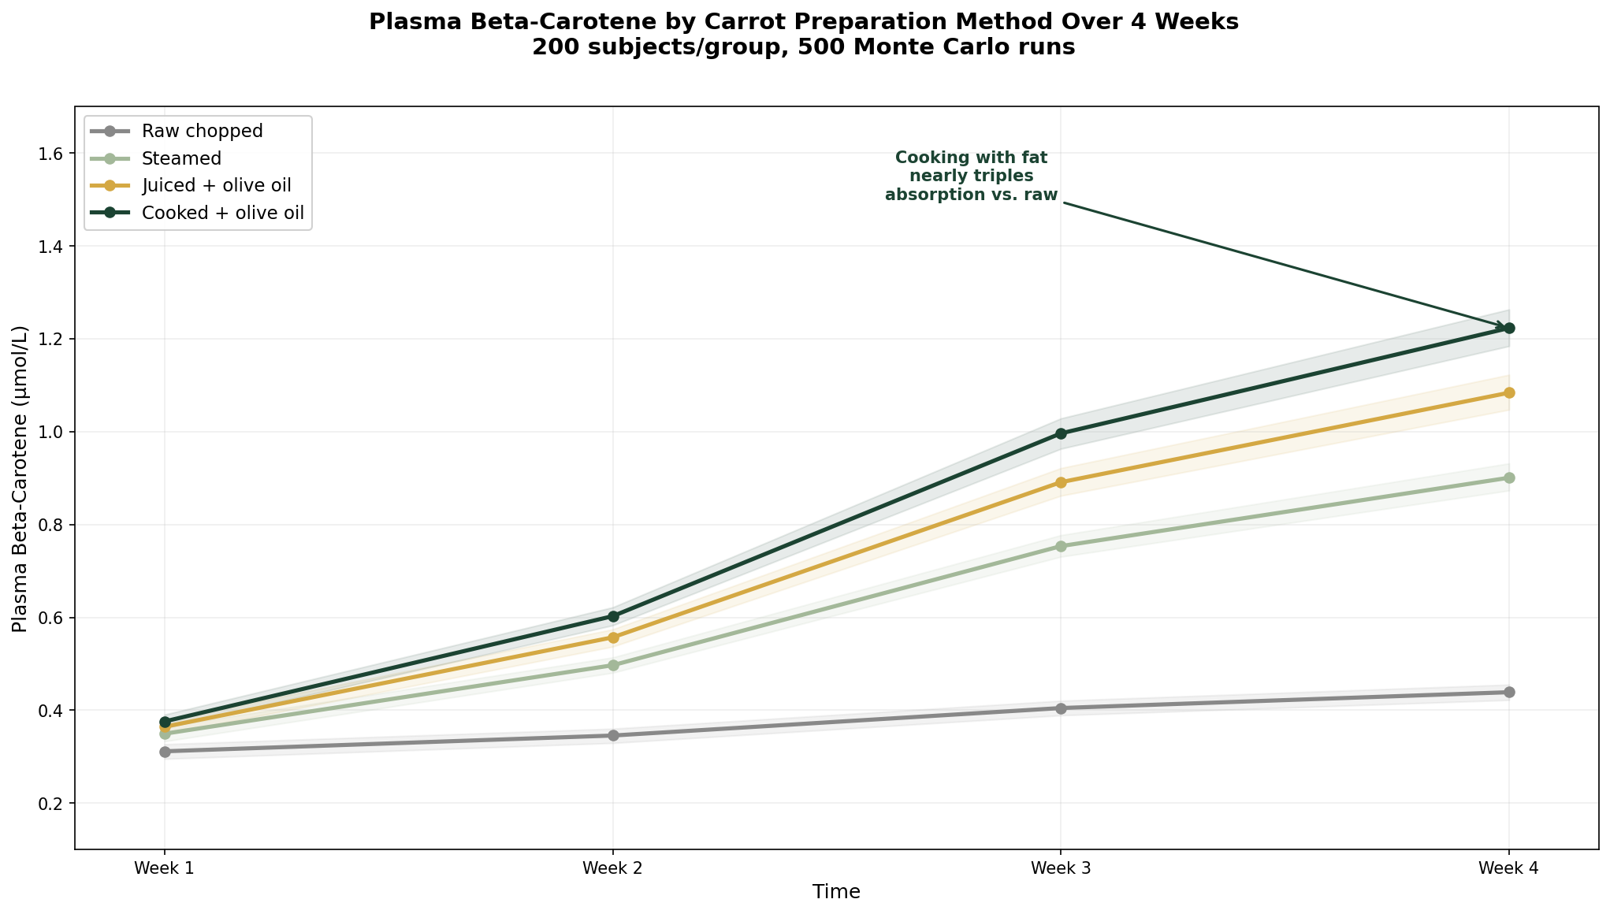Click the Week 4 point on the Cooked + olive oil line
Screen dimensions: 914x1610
[x=1508, y=328]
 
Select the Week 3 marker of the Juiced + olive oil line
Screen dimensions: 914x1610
[x=1061, y=482]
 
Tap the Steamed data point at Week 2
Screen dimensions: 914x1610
[x=613, y=665]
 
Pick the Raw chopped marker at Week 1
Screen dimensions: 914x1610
[x=165, y=752]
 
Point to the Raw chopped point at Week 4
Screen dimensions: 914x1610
[x=1508, y=692]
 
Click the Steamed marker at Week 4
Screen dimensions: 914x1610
[x=1508, y=477]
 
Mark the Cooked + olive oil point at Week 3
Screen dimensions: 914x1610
[x=1061, y=433]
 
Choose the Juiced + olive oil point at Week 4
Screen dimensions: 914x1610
[x=1508, y=392]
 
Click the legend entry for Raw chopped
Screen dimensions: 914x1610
[x=202, y=131]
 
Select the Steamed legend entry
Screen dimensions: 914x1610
[x=181, y=158]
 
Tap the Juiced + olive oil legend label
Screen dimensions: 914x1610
[x=216, y=186]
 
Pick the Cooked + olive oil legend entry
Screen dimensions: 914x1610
[x=222, y=213]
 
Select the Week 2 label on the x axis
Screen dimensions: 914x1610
[x=613, y=868]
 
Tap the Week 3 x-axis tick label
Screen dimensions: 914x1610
[x=1061, y=868]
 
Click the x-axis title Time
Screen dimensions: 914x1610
[x=836, y=892]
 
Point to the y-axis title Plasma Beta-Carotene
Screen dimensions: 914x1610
[x=20, y=478]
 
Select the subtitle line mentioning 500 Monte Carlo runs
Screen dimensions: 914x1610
[x=803, y=47]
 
